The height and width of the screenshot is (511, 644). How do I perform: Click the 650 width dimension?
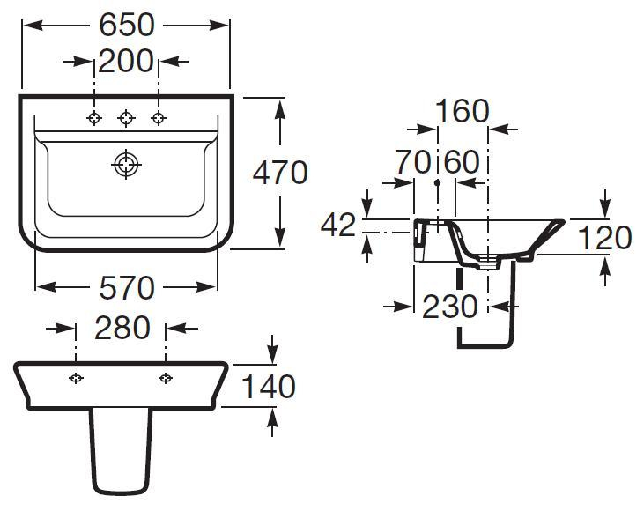coord(126,25)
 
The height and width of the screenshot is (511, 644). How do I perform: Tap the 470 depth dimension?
coord(280,172)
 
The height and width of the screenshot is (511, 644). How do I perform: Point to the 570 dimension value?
coord(126,286)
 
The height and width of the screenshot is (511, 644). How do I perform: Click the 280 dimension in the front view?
coord(122,328)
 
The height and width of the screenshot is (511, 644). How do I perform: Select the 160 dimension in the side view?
coord(463,111)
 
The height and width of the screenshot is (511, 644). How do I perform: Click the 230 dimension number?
coord(450,307)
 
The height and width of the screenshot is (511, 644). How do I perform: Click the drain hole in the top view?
coord(127,164)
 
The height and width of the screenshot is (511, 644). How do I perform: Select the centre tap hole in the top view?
coord(127,118)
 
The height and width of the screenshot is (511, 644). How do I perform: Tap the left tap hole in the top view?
coord(94,118)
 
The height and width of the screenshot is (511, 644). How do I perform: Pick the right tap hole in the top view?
coord(159,118)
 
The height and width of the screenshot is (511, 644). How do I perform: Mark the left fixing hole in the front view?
coord(77,378)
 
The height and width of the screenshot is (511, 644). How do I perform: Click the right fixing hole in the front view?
coord(166,378)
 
